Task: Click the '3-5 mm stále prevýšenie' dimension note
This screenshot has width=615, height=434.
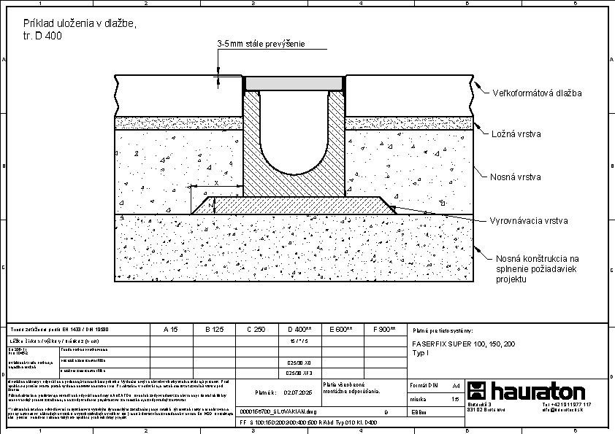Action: [x=261, y=44]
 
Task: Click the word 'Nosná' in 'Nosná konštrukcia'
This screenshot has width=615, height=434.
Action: [x=510, y=258]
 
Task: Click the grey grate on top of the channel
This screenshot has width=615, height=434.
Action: [x=294, y=83]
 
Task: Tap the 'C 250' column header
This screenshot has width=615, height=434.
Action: [x=256, y=329]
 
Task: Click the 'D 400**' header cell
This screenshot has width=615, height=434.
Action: [x=299, y=329]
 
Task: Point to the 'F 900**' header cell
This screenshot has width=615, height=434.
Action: [x=384, y=329]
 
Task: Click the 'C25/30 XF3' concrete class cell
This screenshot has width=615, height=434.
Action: [x=299, y=371]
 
